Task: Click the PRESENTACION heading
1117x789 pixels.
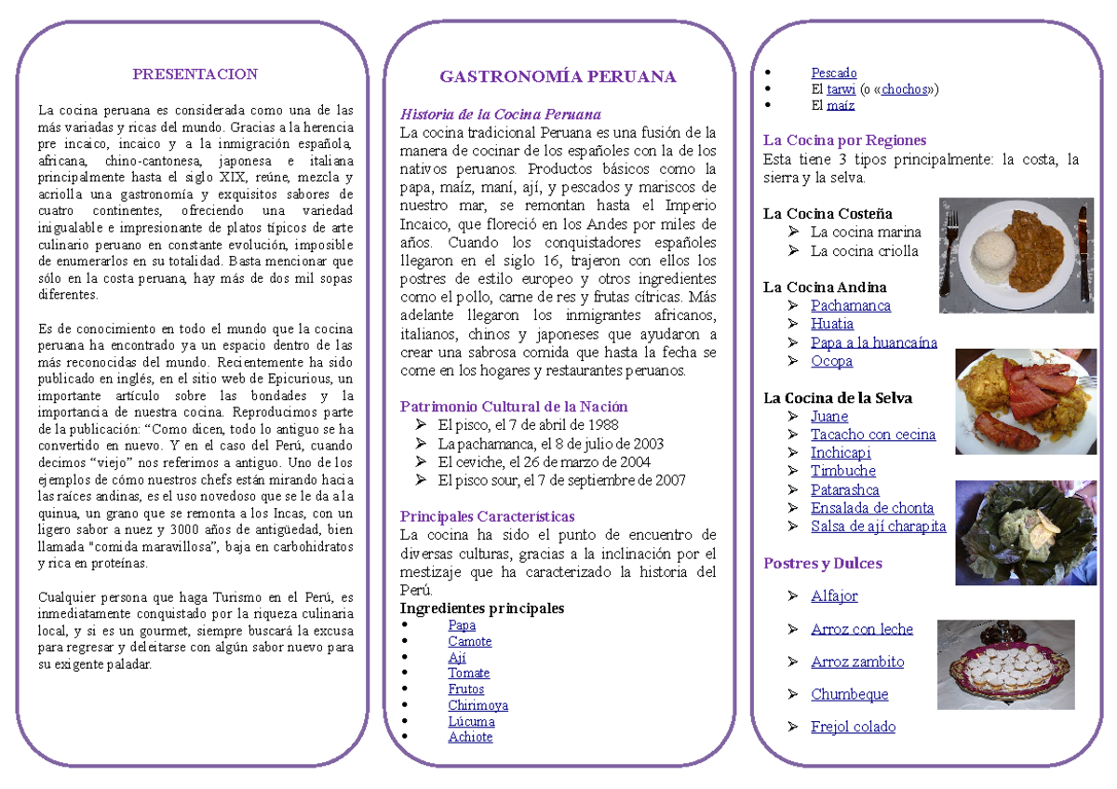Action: tap(195, 74)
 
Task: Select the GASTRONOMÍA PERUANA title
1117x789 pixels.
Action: tap(558, 76)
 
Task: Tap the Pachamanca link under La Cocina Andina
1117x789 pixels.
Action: tap(850, 305)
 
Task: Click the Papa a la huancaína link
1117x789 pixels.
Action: tap(873, 342)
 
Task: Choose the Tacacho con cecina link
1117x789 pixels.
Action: tap(872, 435)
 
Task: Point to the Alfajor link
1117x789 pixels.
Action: tap(834, 595)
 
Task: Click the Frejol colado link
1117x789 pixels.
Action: tap(853, 727)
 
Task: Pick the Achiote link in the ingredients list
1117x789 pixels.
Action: tap(470, 737)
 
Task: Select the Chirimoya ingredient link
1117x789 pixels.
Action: tap(478, 705)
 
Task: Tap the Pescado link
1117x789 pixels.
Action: tap(834, 73)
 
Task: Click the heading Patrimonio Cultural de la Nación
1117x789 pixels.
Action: tap(514, 407)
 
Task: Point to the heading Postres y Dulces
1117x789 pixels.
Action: tap(823, 563)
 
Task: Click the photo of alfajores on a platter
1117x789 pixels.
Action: tap(1005, 664)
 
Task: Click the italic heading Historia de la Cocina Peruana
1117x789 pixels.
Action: tap(501, 114)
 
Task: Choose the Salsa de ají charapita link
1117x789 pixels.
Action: tap(878, 527)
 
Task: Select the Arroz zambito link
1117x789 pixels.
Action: tap(857, 662)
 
